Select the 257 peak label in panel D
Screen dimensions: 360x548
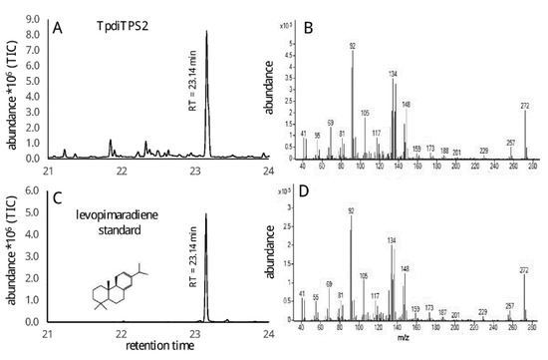tap(510, 305)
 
